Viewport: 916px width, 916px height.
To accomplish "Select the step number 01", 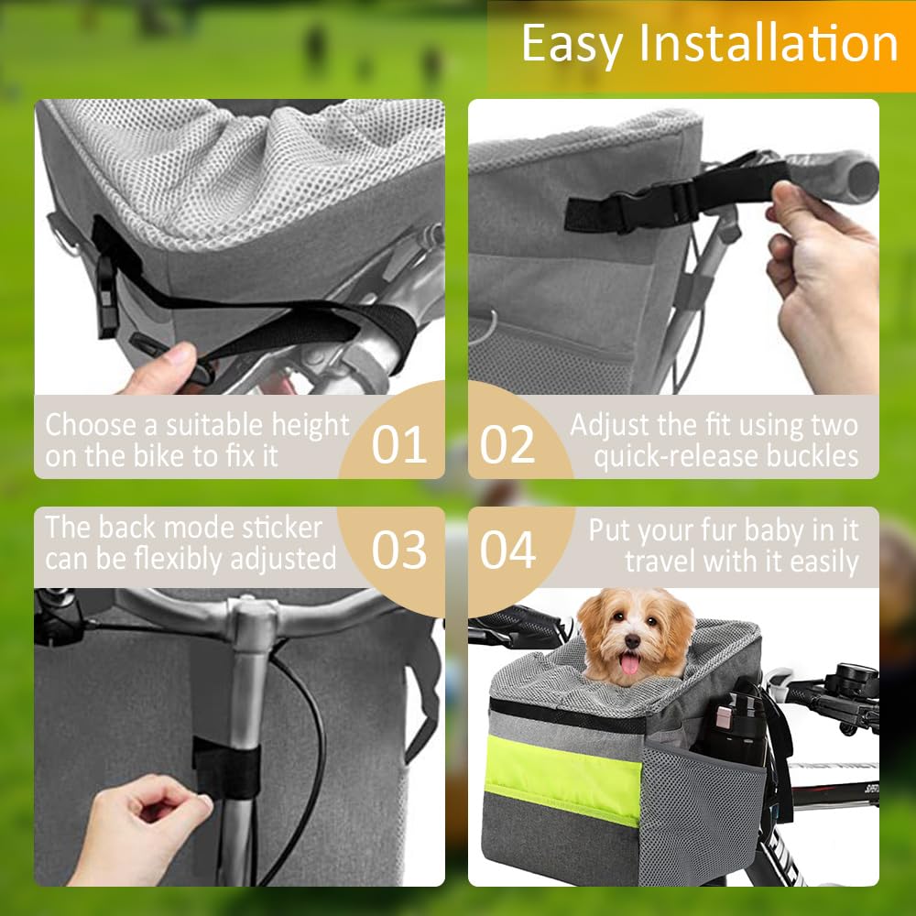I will coord(399,444).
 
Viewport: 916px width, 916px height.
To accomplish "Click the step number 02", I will coord(507,444).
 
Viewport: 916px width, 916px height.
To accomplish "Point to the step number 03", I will coord(399,550).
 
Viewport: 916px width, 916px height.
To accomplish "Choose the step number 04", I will coord(507,550).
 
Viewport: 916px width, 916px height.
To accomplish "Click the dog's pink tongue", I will coord(630,664).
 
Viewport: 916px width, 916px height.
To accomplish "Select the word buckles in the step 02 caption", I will coord(813,455).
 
